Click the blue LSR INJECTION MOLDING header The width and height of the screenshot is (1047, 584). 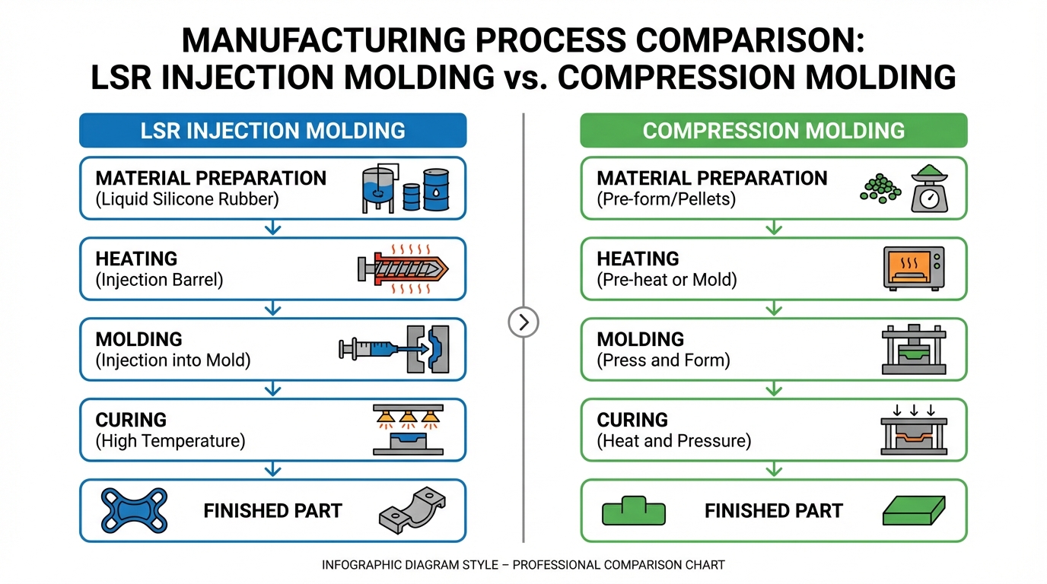[x=272, y=130]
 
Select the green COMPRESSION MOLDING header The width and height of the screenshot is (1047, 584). [x=773, y=130]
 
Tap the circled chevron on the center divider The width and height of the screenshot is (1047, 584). [x=523, y=322]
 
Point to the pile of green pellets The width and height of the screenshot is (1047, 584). [x=880, y=187]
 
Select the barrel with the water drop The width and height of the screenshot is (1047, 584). [x=436, y=189]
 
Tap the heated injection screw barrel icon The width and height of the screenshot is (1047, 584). [x=403, y=269]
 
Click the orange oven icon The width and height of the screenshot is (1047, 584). [x=913, y=268]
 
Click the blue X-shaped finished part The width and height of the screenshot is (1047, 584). [x=135, y=510]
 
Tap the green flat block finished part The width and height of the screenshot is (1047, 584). [x=914, y=511]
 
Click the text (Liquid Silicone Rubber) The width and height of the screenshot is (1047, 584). [x=187, y=200]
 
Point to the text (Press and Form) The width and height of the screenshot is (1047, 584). [x=664, y=360]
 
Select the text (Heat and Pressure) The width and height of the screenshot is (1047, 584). [x=673, y=441]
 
